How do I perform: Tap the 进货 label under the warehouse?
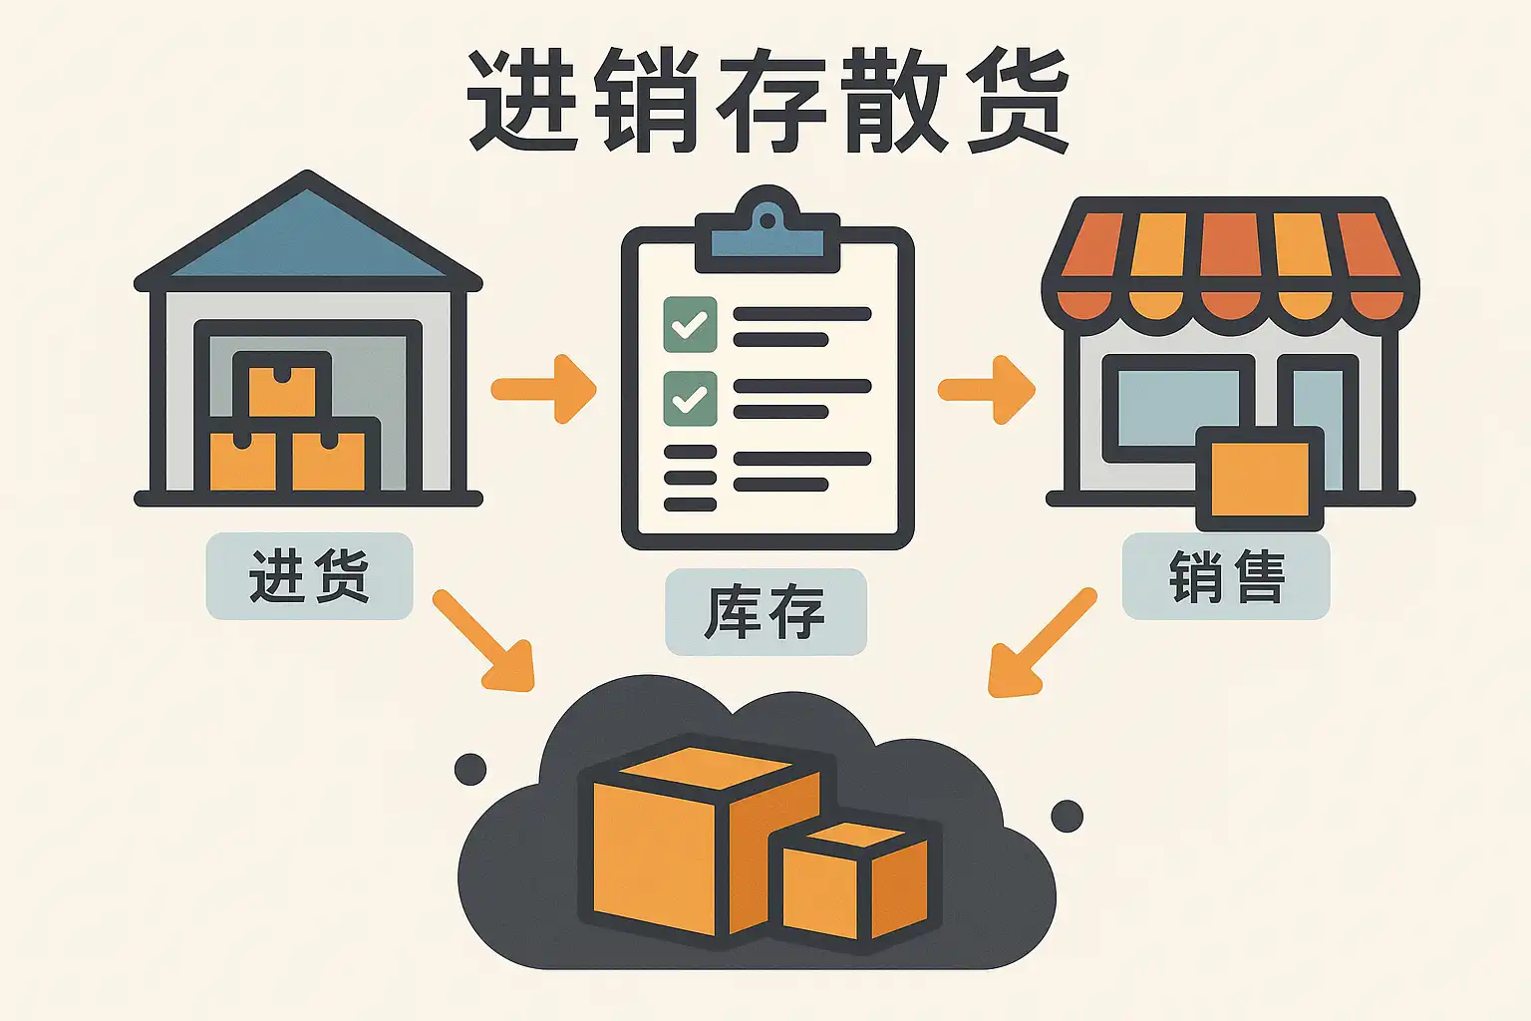point(309,576)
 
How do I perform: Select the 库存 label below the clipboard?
point(765,612)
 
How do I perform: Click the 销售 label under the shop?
point(1226,576)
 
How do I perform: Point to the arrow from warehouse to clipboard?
point(544,388)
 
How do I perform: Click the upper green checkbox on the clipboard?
point(690,324)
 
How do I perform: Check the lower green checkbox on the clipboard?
point(690,398)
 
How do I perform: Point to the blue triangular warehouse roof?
point(307,239)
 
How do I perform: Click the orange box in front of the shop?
point(1259,480)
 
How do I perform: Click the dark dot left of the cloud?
point(470,769)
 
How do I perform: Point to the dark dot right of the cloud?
point(1067,816)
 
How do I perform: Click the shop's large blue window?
point(1166,409)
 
